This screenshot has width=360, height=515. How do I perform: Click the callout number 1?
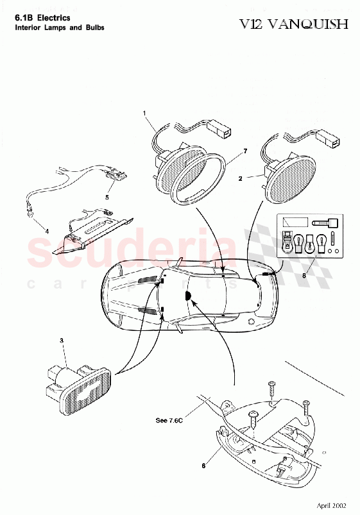(145, 113)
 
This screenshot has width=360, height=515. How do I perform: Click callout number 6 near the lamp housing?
(204, 466)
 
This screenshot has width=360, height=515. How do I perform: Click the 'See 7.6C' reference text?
(169, 421)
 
